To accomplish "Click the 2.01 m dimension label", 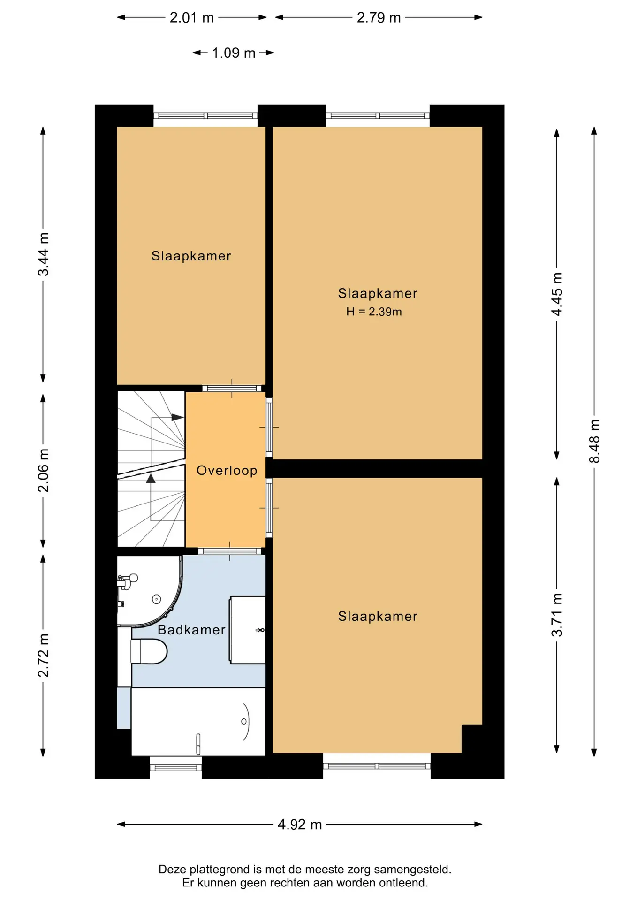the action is pyautogui.click(x=191, y=18).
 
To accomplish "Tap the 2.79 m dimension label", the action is pyautogui.click(x=379, y=18).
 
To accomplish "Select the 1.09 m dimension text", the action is pyautogui.click(x=234, y=53).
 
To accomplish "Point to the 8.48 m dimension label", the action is pyautogui.click(x=594, y=441).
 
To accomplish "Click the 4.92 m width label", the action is pyautogui.click(x=300, y=825).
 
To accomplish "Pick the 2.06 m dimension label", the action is pyautogui.click(x=43, y=470).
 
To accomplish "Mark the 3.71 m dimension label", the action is pyautogui.click(x=557, y=615).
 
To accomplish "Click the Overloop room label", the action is pyautogui.click(x=227, y=471).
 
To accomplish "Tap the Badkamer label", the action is pyautogui.click(x=191, y=630).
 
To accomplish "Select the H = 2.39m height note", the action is pyautogui.click(x=374, y=312).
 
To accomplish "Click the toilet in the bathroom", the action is pyautogui.click(x=149, y=651).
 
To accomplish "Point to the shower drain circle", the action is pyautogui.click(x=157, y=599).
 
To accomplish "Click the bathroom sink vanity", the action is pyautogui.click(x=247, y=630).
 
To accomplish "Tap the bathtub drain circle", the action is pyautogui.click(x=244, y=721).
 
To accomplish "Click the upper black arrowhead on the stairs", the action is pyautogui.click(x=178, y=417).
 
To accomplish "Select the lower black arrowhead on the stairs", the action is pyautogui.click(x=151, y=479).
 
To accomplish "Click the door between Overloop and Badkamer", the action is pyautogui.click(x=230, y=551).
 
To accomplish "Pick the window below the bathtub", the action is pyautogui.click(x=176, y=767).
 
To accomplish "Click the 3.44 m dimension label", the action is pyautogui.click(x=43, y=254).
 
